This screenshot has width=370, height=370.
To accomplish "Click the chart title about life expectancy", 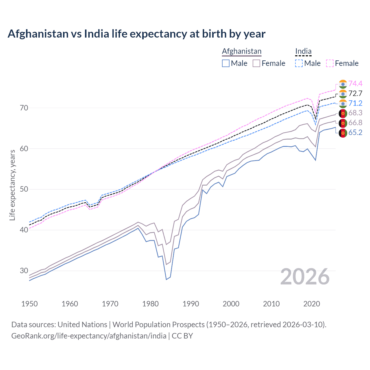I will pos(136,34).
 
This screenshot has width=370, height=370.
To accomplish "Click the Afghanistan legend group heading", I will pos(242,51).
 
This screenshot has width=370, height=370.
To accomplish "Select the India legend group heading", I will pos(303,51).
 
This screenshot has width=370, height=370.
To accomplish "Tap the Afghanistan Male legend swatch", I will pos(226,63).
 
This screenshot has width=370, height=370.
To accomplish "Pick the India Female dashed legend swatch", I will pos(330,63).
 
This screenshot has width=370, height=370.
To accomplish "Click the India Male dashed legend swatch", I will pos(299,63).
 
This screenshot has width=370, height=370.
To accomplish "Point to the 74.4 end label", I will pos(355,84).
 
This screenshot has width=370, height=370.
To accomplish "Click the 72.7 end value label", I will pos(355,93).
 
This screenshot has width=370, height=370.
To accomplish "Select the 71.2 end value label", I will pos(355,103).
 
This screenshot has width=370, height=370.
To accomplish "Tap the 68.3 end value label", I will pos(355,113).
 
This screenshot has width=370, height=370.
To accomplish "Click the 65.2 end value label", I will pos(355,132).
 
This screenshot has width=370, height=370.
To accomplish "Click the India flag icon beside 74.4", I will pos(343,84).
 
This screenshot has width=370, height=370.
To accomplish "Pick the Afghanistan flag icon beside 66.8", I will pos(343,123).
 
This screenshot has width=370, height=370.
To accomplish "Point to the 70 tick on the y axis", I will pos(24,108).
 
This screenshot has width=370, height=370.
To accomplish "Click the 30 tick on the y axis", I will pos(24,271).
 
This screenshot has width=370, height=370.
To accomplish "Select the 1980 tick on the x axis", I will pos(150,304).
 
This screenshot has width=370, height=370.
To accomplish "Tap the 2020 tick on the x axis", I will pos(312,304).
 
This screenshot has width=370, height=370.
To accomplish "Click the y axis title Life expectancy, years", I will pos(12,185).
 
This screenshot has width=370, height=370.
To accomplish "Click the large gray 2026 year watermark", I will pos(305,277).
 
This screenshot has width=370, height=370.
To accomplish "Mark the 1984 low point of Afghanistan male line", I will pos(166,280).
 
